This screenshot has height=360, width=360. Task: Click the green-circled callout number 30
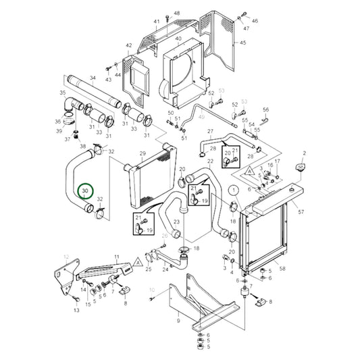coord(86,191)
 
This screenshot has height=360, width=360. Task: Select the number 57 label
coord(301,212)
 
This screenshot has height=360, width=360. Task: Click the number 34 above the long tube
coord(93,78)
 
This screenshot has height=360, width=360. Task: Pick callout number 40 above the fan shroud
coord(178,39)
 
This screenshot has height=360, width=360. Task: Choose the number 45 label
coord(243,43)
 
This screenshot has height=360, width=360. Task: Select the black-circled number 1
coord(232,190)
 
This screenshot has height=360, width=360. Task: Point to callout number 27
coord(210,131)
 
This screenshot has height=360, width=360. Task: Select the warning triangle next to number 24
coord(138,259)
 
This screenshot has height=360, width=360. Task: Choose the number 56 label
coord(265,109)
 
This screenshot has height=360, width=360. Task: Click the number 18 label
coord(197,249)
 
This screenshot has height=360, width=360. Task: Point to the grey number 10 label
coord(152,290)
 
